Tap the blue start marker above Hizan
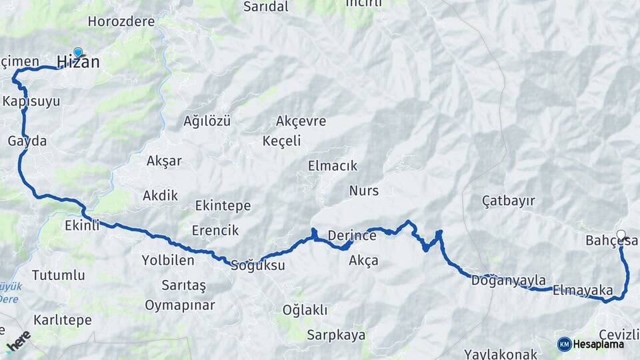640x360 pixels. point(78,52)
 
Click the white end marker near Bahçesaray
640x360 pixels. point(621,234)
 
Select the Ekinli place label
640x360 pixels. point(82,225)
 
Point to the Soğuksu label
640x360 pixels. point(257,265)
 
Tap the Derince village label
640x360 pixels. point(352,235)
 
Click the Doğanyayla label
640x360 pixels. point(508,280)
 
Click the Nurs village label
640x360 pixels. point(363,191)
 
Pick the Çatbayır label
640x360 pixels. point(509,201)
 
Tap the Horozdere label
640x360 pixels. point(121,21)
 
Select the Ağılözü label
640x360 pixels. point(207,121)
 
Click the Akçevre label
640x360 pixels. point(301,121)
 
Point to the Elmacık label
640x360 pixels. point(333,166)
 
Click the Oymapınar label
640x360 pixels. point(180,305)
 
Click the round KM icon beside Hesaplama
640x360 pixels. point(564,344)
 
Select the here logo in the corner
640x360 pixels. point(18,341)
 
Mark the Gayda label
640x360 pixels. point(27,141)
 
